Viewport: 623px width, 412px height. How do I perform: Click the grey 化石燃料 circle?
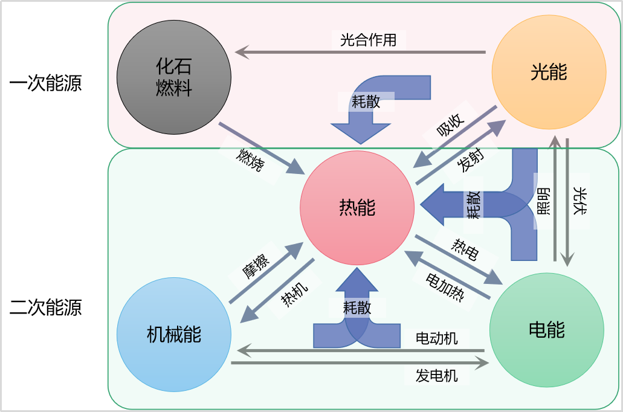[174, 77]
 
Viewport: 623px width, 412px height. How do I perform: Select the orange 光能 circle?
[549, 72]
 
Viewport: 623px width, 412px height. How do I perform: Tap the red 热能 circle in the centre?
[357, 208]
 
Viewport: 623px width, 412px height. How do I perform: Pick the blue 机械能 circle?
[174, 334]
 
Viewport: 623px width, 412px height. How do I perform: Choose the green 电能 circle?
[546, 330]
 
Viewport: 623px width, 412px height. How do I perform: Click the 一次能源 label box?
[45, 83]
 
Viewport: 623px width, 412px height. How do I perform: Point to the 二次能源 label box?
[45, 307]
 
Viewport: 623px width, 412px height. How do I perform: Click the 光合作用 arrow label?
[368, 40]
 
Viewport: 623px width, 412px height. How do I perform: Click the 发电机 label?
[436, 376]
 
